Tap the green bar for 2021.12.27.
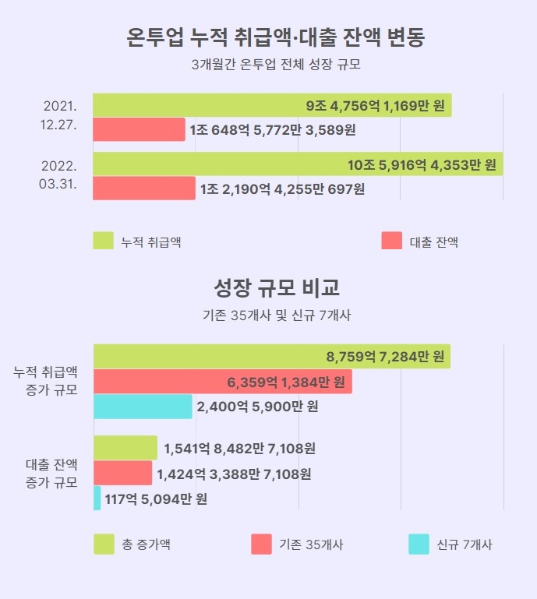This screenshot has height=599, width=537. click(x=272, y=106)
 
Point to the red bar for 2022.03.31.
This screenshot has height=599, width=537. click(x=144, y=189)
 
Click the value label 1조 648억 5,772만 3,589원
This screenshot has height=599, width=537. click(x=272, y=130)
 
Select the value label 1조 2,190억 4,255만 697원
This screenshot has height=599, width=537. click(x=282, y=189)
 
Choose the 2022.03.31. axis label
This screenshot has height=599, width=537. click(x=58, y=175)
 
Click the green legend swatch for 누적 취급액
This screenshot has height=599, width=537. click(x=104, y=241)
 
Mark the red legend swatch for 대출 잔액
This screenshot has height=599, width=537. click(x=392, y=241)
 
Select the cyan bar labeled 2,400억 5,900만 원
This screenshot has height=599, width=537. click(x=143, y=407)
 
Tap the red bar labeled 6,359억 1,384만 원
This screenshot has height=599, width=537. click(x=222, y=382)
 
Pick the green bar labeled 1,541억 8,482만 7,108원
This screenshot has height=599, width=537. click(x=125, y=448)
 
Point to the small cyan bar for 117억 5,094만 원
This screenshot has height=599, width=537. click(x=97, y=499)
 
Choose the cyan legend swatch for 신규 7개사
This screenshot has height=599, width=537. click(x=419, y=544)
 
